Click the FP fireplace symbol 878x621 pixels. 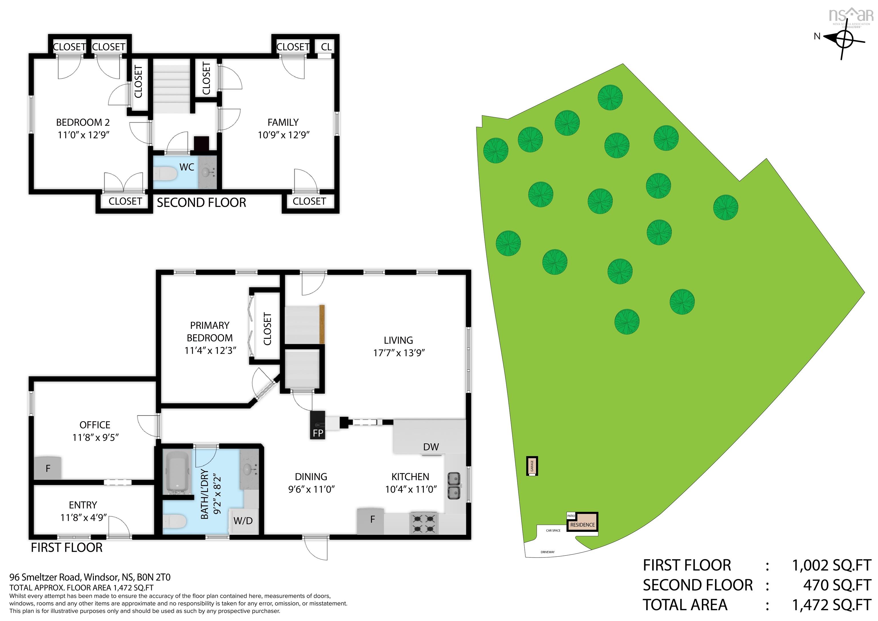tap(318, 425)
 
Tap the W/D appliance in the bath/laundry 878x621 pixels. tap(243, 521)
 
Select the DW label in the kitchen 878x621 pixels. tap(431, 447)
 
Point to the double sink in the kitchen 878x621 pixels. tap(454, 486)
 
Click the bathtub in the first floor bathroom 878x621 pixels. tap(176, 473)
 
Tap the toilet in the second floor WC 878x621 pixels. tap(165, 174)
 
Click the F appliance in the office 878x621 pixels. tap(48, 468)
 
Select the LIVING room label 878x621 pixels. tap(398, 340)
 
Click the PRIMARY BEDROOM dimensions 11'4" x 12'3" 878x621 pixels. tap(210, 351)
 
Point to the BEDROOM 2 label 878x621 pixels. tap(83, 122)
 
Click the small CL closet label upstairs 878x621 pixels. tap(326, 47)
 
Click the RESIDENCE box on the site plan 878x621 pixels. tap(582, 525)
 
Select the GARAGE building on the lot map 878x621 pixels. tap(532, 466)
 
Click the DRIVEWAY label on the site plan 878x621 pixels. tap(548, 552)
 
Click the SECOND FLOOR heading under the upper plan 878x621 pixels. tap(201, 203)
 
